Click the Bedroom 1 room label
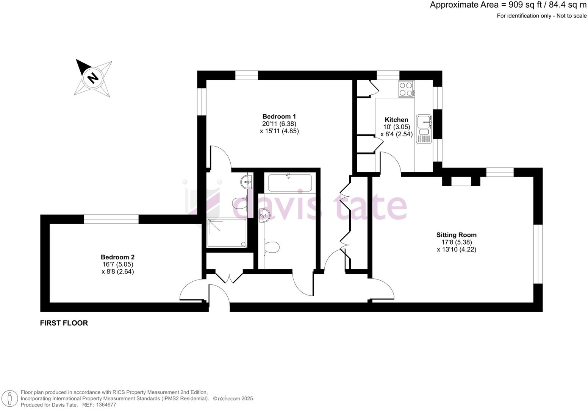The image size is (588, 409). pos(279,116)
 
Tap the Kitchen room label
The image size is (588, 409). pos(396,120)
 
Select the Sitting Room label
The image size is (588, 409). pos(456,235)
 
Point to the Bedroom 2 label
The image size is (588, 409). pos(117,257)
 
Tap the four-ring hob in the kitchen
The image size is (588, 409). pos(406,89)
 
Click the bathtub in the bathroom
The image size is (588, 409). pos(290,183)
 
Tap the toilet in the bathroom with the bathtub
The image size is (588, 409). pos(272,247)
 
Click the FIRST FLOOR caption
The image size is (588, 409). pos(64,323)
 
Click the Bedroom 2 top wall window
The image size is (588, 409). pos(111,219)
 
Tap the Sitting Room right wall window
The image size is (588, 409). pos(538,254)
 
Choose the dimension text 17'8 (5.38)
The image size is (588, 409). pos(456,242)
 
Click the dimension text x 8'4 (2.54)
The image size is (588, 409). pos(396,134)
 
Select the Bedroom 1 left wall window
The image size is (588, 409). pos(202,101)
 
